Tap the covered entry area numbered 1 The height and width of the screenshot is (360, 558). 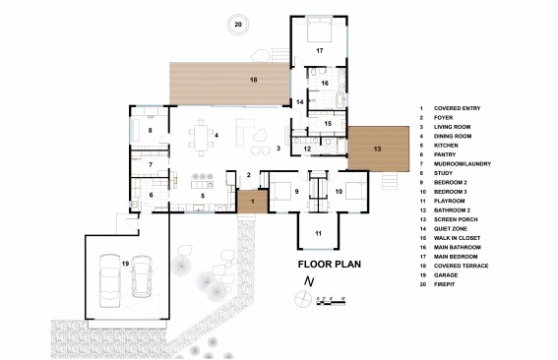tap(253, 202)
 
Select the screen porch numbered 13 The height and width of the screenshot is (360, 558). tap(378, 149)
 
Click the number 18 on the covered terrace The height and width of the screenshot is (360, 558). tap(253, 80)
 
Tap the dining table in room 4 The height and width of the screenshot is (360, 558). tap(202, 138)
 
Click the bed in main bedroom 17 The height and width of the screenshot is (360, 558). tap(319, 30)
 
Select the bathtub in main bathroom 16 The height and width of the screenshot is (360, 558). tap(341, 100)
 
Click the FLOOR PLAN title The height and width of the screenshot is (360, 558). tap(329, 264)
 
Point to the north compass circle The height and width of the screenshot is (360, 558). tap(303, 298)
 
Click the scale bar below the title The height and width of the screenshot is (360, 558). tap(331, 303)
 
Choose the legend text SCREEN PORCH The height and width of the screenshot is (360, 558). tap(456, 219)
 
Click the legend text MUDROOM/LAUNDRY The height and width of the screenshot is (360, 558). tap(463, 164)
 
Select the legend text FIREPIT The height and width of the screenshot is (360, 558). tap(444, 284)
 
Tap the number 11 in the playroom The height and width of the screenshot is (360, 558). tap(318, 233)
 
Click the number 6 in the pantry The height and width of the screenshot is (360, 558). tap(151, 195)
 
